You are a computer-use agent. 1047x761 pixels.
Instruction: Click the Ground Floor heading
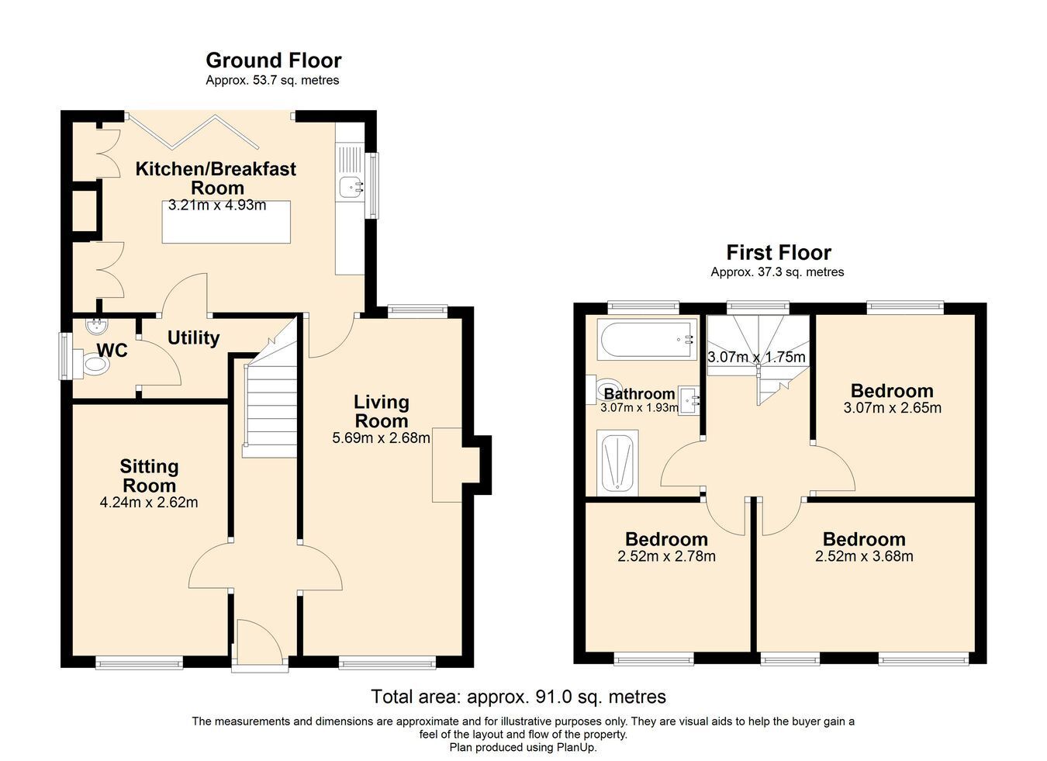274,61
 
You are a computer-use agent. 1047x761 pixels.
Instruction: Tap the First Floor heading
779,252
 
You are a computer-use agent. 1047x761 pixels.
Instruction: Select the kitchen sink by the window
351,188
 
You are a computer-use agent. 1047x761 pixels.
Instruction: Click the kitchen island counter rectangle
226,222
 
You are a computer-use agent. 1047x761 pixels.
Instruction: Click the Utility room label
194,337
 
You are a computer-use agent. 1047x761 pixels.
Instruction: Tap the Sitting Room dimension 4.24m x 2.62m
149,503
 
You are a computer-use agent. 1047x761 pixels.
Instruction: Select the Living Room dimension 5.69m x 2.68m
381,438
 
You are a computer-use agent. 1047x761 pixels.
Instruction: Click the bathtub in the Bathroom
647,340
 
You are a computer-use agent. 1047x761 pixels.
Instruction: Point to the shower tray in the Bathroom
617,463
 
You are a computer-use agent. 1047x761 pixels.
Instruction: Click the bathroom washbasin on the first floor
689,400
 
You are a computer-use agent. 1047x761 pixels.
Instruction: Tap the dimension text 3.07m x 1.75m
756,357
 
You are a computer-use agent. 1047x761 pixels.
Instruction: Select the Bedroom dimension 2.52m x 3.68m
864,556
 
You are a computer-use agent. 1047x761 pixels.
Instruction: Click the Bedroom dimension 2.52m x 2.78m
666,556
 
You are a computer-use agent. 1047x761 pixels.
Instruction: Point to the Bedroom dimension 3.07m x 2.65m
893,407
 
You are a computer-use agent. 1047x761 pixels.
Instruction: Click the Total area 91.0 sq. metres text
518,697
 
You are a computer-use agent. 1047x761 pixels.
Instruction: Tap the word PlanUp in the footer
576,748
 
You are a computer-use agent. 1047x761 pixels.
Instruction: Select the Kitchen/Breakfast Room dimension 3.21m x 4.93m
217,205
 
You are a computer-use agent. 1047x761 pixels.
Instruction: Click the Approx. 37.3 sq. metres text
777,272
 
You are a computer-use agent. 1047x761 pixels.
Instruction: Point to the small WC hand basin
96,325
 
